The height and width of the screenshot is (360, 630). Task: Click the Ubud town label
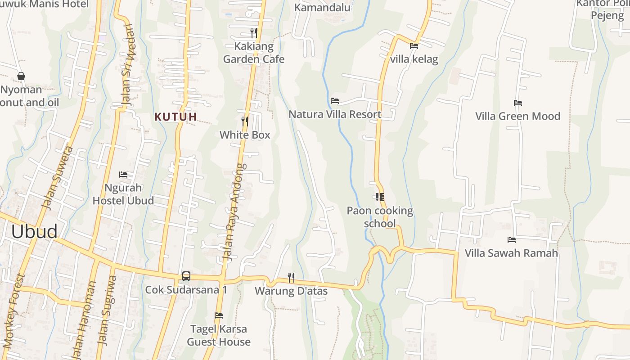[34, 231]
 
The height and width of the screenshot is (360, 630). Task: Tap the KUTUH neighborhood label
[176, 117]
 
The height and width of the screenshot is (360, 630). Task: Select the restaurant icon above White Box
[244, 121]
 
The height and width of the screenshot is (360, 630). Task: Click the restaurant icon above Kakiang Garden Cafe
[254, 33]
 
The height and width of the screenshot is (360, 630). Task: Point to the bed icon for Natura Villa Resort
[334, 101]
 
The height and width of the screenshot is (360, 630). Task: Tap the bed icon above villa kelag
[414, 46]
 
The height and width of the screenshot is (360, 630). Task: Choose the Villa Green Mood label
[517, 116]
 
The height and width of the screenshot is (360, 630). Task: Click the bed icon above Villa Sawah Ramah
[511, 240]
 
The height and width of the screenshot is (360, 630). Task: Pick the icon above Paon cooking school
[379, 197]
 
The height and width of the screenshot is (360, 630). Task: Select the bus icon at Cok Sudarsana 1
[186, 276]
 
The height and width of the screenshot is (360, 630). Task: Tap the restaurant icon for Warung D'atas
[291, 277]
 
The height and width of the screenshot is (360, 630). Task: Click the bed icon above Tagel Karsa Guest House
[219, 315]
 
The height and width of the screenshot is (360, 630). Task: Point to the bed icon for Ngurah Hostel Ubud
[123, 175]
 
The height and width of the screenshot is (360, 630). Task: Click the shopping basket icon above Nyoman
[21, 76]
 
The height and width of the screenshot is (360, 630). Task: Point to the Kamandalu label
[322, 8]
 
